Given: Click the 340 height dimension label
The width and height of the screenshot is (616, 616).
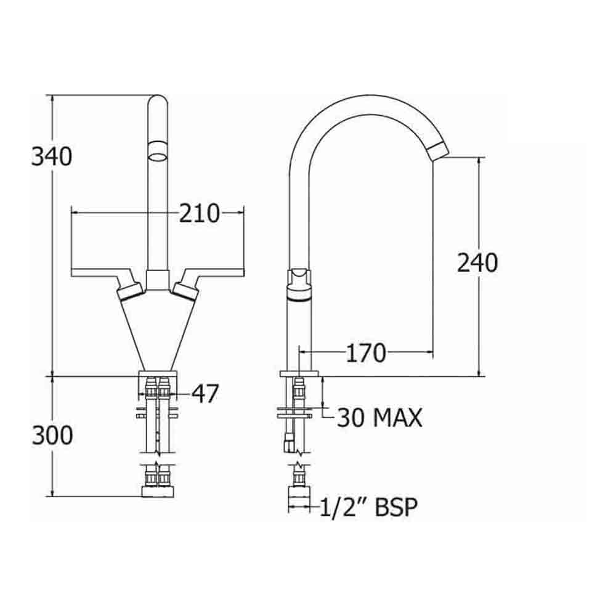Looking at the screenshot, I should point(52,157).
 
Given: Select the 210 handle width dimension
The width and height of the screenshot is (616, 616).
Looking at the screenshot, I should point(200,213).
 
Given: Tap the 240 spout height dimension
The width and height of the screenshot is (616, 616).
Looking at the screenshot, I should point(477,263).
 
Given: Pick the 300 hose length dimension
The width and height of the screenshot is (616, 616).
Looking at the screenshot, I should point(52,436).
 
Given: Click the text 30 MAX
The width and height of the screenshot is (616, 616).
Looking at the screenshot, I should point(379,418).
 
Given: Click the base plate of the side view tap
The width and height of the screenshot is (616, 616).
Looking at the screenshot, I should point(300,373).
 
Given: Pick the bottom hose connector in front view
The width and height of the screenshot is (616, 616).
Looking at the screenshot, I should point(158,491).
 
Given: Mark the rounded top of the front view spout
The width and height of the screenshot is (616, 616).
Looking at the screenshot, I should point(158,102).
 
